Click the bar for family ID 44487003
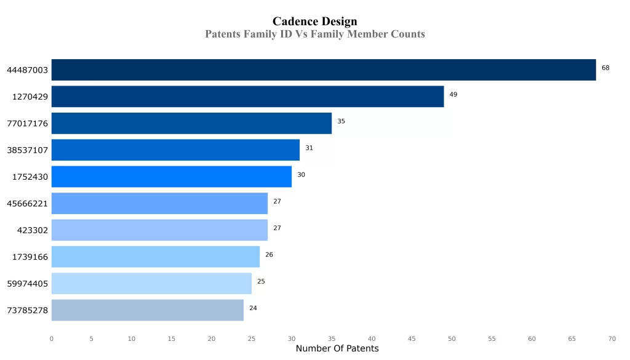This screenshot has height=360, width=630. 323,70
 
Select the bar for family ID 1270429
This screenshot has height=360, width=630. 247,97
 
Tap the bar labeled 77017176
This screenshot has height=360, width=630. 191,123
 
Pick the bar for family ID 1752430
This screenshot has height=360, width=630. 171,177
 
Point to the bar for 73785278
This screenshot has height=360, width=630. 147,310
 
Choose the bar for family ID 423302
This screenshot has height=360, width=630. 159,230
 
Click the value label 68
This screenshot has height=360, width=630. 605,68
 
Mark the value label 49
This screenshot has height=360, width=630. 453,95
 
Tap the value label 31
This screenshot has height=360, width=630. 309,148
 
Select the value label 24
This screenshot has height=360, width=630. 253,308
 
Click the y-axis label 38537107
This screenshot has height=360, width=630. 27,150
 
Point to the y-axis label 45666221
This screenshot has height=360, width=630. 27,204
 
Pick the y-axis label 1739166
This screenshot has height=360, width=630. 30,257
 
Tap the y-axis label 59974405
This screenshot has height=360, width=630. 27,284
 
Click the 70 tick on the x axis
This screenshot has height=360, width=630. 612,338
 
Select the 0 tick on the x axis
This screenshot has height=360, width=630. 51,338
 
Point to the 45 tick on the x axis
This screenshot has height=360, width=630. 412,338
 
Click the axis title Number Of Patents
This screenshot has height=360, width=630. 337,349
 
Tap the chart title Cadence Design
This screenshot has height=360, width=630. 314,22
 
